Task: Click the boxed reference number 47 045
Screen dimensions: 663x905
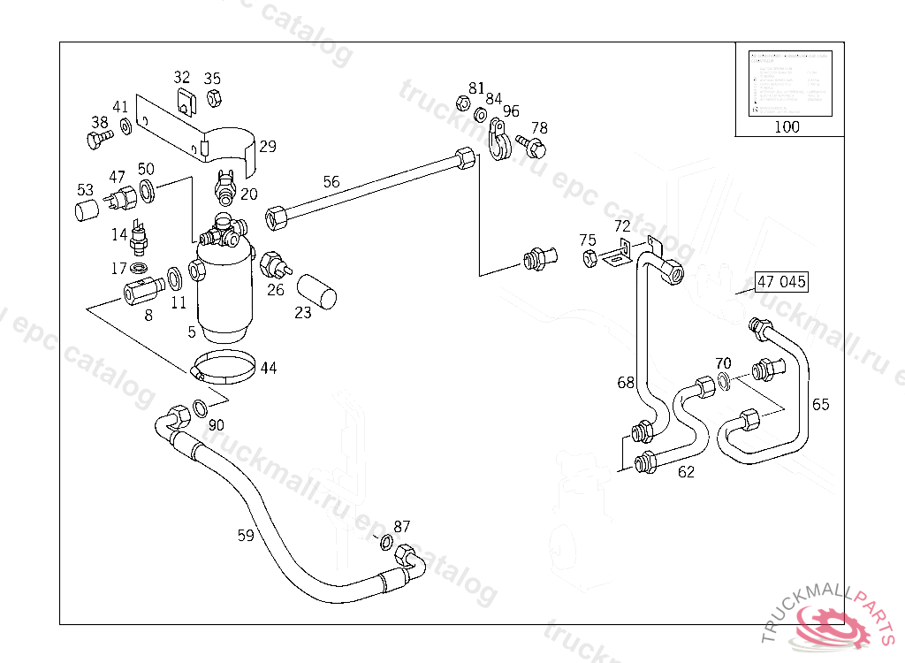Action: pos(781,283)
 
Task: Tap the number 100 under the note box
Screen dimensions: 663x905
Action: pos(786,126)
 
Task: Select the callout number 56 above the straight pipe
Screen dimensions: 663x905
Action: pos(331,182)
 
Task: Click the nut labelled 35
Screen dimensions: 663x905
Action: pos(213,98)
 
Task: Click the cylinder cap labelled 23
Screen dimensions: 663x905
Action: pos(317,291)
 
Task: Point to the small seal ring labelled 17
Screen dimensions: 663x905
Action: pos(140,267)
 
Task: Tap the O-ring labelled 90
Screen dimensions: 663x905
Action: pos(201,408)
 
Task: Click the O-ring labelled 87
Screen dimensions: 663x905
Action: pos(386,542)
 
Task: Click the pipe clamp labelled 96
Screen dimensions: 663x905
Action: pos(498,141)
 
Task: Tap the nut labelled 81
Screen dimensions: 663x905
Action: pos(461,102)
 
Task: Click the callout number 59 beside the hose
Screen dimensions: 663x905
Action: pos(246,534)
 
